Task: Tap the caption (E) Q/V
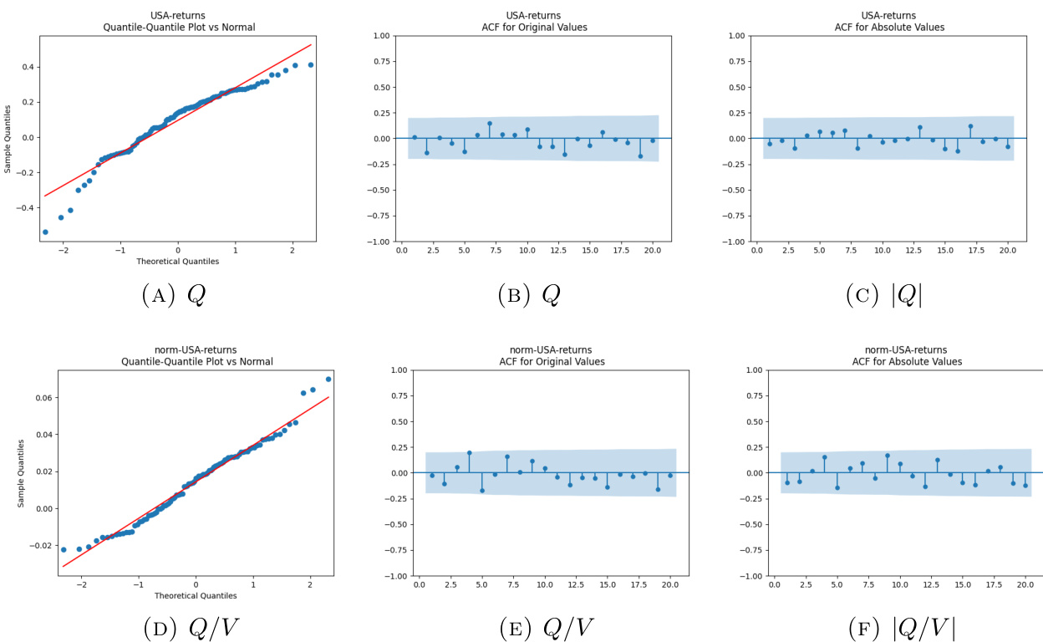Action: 547,627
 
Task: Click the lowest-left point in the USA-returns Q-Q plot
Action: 45,232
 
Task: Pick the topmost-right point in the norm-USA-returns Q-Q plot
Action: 328,379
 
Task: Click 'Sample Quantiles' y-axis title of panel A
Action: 8,138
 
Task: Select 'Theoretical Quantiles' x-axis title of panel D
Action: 196,595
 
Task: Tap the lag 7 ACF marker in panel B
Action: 490,124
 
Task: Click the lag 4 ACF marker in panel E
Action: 470,452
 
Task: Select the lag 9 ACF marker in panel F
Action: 888,456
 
